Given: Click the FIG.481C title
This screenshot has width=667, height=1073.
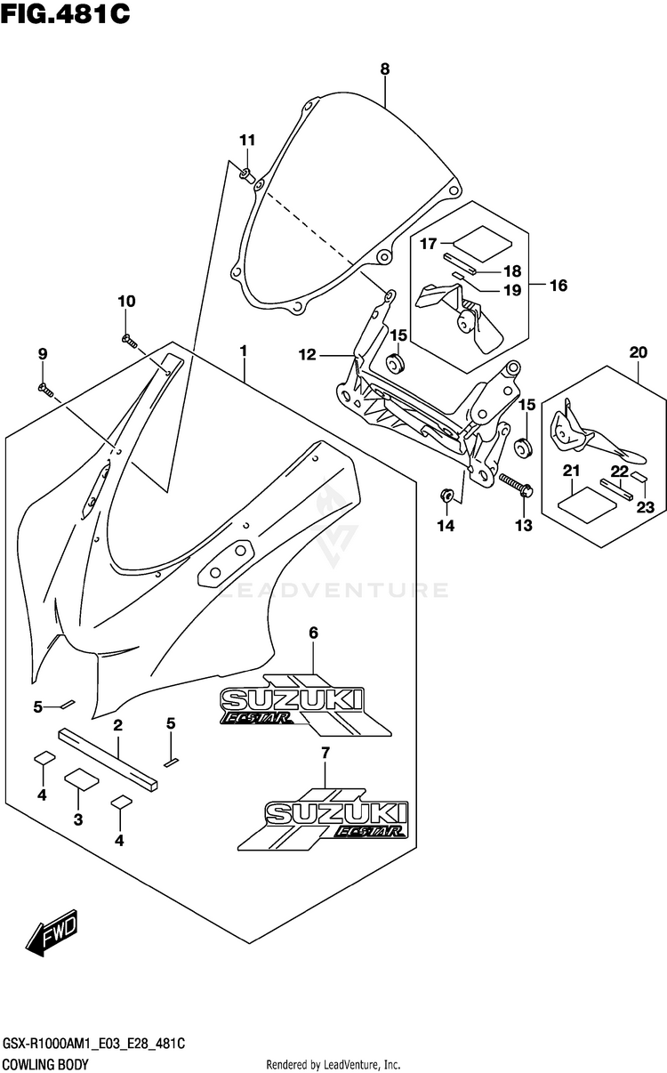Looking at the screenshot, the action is tap(65, 13).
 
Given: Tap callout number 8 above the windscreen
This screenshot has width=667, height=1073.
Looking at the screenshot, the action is tap(385, 69).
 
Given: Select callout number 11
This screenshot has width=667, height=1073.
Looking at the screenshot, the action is tap(247, 141).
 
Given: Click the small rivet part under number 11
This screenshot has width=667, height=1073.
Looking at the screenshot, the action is tap(246, 175).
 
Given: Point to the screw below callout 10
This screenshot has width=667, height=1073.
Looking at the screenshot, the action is tap(129, 341).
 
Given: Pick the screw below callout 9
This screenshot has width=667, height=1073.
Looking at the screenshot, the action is tap(46, 391).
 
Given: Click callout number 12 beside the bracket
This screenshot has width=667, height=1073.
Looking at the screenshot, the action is tap(308, 354).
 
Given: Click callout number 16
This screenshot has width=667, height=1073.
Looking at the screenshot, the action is tap(559, 286).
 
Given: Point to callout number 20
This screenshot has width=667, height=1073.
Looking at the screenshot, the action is tap(639, 352).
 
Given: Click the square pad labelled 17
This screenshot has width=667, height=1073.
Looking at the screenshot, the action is tap(482, 244).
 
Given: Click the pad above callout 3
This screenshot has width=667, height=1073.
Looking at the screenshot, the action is tap(82, 779).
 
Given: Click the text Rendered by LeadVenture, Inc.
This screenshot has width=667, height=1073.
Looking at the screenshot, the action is tap(333, 1064).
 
